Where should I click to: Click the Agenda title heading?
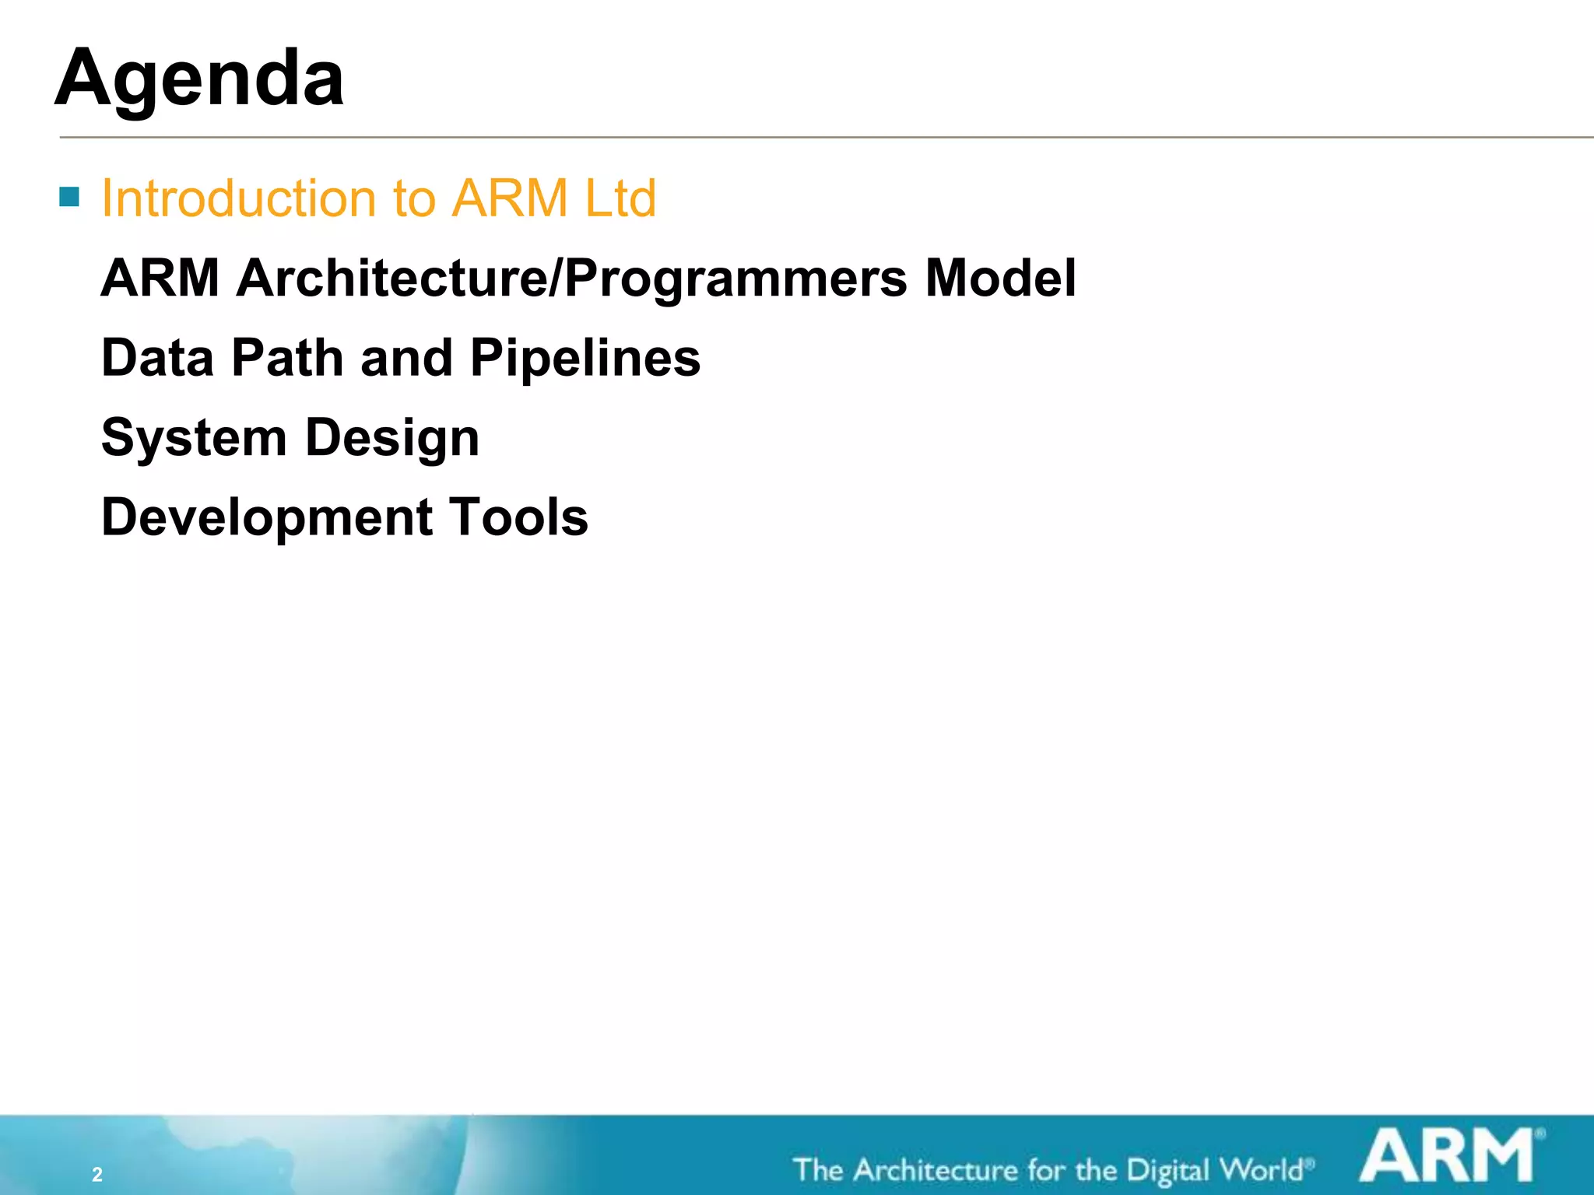(199, 79)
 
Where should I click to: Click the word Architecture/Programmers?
(571, 279)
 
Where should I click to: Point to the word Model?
(1000, 279)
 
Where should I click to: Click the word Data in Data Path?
(157, 358)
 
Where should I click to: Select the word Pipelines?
(585, 359)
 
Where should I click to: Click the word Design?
(392, 439)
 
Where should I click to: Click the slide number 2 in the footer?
(97, 1175)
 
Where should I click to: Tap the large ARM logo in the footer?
(1446, 1157)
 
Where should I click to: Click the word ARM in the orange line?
(510, 198)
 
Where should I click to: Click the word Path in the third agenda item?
(288, 358)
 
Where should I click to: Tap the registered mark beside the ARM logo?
(1540, 1134)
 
